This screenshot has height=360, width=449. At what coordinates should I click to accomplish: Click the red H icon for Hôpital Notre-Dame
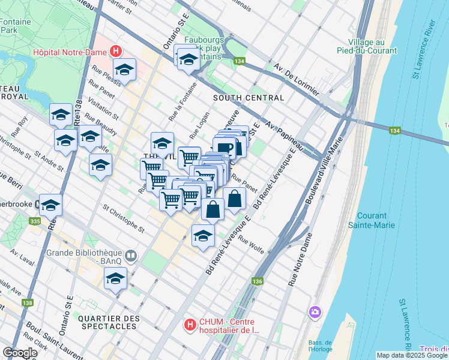point(116,52)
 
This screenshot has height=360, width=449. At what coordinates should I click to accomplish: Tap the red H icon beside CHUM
point(190,325)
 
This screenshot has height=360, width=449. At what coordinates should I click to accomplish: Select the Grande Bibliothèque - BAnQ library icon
point(131,256)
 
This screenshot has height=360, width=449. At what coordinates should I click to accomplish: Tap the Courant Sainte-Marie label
point(372,220)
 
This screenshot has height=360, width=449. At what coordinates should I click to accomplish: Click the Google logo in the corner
point(20,353)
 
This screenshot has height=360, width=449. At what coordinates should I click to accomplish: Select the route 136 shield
point(258,281)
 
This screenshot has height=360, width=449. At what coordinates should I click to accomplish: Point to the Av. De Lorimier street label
point(297,78)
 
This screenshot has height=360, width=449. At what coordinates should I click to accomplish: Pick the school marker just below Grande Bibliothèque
point(115,279)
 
